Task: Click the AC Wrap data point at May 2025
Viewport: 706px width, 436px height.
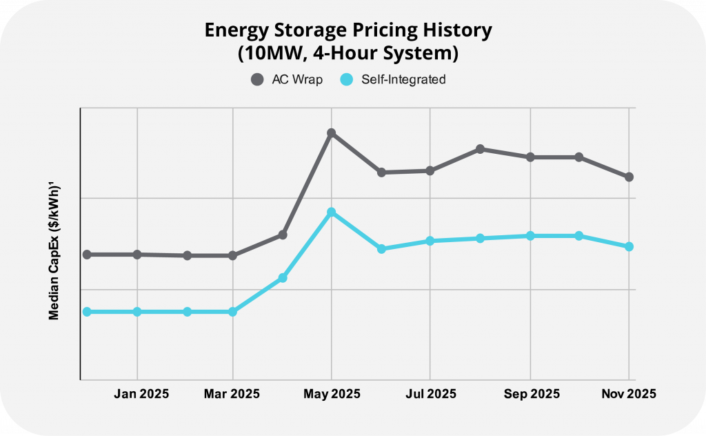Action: (x=332, y=132)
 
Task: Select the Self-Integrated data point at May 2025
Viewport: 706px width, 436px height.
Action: (x=332, y=212)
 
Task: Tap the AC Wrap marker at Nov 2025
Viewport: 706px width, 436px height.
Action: (x=629, y=177)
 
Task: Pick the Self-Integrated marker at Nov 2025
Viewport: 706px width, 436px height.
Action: (x=629, y=246)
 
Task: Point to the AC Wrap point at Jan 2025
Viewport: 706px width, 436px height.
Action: (x=137, y=255)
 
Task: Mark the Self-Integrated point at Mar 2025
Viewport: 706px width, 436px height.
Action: (x=232, y=312)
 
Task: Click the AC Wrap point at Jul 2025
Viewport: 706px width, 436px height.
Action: (x=430, y=170)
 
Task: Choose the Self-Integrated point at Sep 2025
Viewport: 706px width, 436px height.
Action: (x=530, y=236)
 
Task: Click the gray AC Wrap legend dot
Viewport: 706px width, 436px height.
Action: (x=257, y=79)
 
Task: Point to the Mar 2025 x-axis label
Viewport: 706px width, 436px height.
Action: (x=232, y=394)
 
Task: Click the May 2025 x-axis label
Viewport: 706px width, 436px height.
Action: (x=332, y=394)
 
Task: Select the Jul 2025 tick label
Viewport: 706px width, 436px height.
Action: (x=430, y=394)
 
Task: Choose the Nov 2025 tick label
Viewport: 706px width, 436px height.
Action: (x=627, y=394)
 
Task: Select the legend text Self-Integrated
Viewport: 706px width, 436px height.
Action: (x=403, y=79)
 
